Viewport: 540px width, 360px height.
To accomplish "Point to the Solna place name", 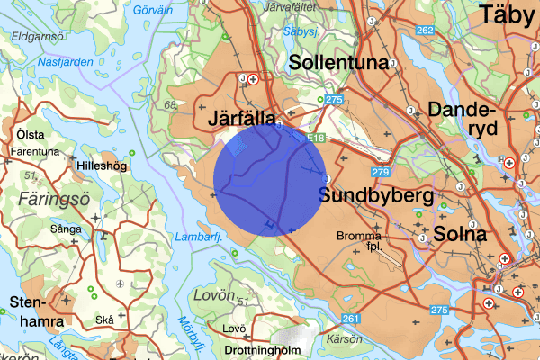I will (x=459, y=235).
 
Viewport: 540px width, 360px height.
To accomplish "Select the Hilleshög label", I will (x=103, y=166).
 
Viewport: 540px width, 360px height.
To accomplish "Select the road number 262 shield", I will (x=426, y=31).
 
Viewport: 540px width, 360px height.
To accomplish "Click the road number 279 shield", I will (x=379, y=171).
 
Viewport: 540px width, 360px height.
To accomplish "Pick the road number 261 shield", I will (x=351, y=318).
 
